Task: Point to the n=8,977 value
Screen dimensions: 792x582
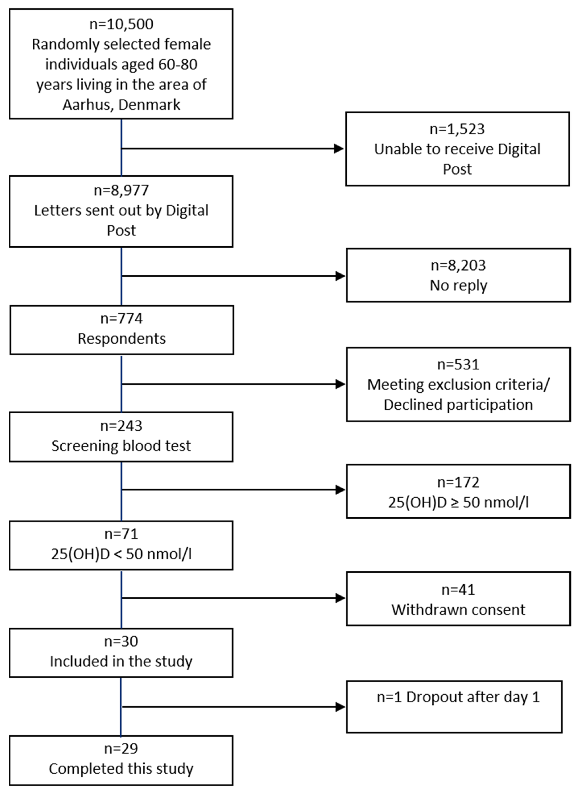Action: click(121, 191)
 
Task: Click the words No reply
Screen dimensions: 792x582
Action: click(458, 285)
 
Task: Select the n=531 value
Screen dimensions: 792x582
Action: click(458, 364)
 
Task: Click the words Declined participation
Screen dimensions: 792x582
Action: click(458, 405)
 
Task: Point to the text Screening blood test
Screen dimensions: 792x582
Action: click(121, 446)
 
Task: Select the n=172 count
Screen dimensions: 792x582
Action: click(458, 482)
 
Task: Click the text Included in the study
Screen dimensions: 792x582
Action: click(121, 662)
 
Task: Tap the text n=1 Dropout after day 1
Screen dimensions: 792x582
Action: click(458, 697)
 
